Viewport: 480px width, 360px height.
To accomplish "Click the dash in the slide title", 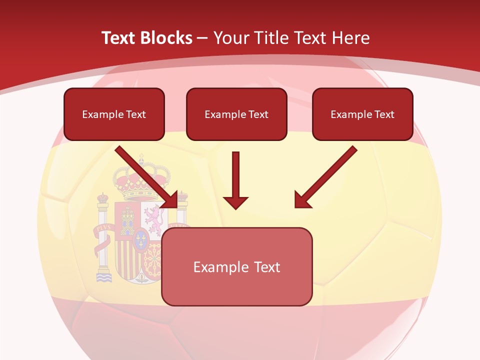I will tap(202, 38).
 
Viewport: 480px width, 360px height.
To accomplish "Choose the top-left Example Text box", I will tap(114, 114).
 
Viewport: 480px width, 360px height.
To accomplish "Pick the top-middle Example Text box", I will tap(236, 114).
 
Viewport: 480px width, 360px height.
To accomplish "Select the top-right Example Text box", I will tap(362, 114).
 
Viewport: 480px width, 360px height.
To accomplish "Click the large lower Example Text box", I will tap(237, 267).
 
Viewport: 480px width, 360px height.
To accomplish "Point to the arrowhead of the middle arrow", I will tap(235, 202).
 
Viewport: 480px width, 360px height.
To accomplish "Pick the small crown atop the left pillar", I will tap(102, 197).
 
